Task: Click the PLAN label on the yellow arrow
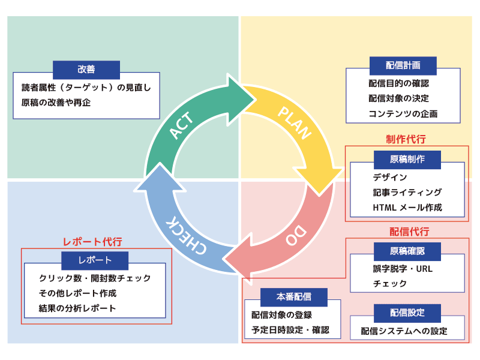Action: point(295,122)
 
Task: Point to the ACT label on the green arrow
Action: point(182,125)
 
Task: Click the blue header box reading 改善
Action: point(86,69)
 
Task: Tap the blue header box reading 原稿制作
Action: point(407,159)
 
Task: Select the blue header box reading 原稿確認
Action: point(407,251)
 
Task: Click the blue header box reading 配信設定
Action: point(407,313)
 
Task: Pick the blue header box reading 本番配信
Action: point(294,296)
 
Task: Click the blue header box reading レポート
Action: point(95,260)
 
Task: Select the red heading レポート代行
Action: point(92,241)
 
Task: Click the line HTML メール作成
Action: point(407,208)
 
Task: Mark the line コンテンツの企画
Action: point(403,113)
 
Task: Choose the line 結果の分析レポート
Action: point(77,308)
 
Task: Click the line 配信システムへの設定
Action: point(404,331)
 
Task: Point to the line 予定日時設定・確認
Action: point(290,329)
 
